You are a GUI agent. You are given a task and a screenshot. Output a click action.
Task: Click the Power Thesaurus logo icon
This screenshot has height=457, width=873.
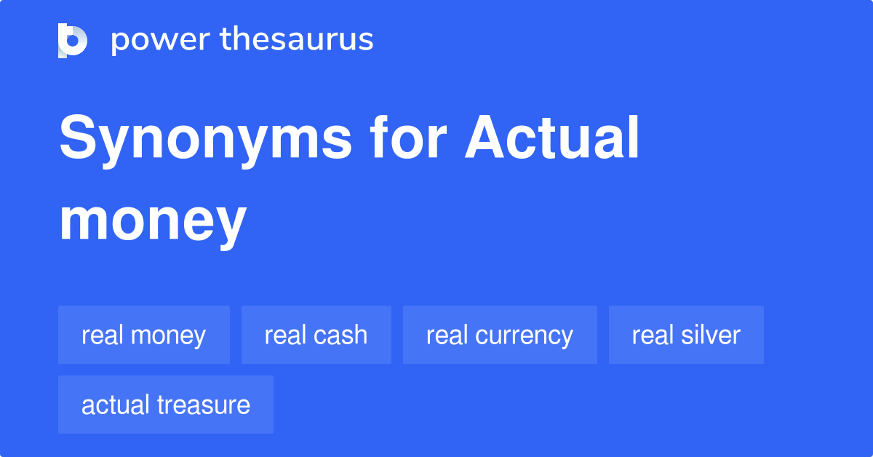point(73,40)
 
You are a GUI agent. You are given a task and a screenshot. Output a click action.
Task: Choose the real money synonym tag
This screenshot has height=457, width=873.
point(144,335)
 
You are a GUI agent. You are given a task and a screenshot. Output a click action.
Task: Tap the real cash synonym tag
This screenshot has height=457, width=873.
point(316,335)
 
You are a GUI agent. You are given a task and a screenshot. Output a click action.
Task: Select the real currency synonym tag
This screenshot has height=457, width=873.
point(500,335)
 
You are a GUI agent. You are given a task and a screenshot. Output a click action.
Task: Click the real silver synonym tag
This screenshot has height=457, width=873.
point(686,335)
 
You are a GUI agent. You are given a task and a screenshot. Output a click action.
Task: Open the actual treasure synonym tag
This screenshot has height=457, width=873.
point(166,405)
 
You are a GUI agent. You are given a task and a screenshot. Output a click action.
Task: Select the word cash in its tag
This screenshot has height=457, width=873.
point(341,335)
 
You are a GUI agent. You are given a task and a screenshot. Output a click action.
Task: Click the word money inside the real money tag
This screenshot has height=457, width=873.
point(170,335)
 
